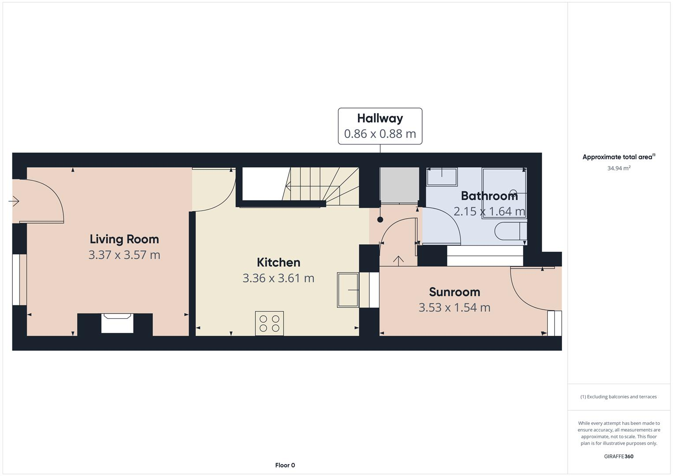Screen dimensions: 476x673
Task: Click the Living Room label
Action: pos(124,239)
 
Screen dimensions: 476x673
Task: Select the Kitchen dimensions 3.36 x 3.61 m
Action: pos(278,278)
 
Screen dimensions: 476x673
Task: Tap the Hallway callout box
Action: pos(380,126)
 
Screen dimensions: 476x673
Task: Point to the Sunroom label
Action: pos(454,292)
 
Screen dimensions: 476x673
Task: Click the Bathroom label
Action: pos(489,196)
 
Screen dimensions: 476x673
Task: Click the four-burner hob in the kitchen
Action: pos(269,324)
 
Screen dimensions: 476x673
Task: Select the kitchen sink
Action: pos(348,290)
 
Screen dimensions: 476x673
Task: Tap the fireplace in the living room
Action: pos(117,323)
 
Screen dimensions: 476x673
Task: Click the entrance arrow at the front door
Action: pos(14,201)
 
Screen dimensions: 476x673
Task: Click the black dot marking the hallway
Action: pos(380,219)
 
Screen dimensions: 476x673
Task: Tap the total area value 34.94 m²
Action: pos(618,168)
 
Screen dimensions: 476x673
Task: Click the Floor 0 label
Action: pos(285,465)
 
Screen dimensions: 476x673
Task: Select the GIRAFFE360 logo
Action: pos(618,456)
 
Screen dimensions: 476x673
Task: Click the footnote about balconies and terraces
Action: pos(618,397)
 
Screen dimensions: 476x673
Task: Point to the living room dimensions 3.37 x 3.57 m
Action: pos(124,255)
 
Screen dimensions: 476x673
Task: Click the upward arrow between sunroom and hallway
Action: pos(398,260)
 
